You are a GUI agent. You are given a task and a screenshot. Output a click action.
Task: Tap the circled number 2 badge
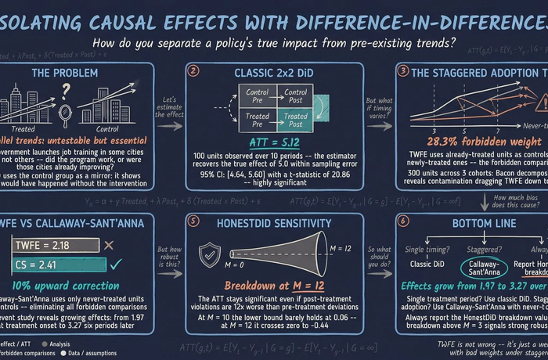point(194,72)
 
